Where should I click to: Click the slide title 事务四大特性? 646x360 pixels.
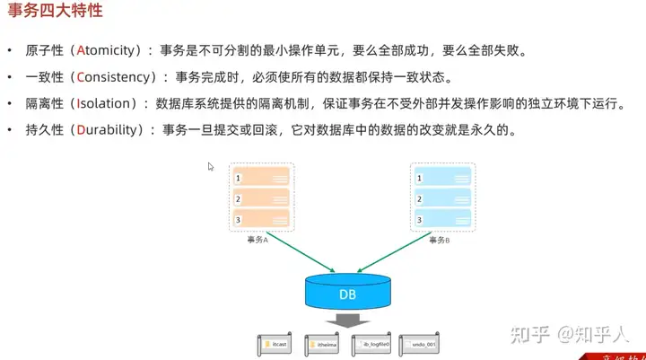click(x=55, y=13)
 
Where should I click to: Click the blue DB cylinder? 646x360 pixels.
click(x=348, y=292)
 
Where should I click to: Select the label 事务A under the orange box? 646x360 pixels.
click(x=259, y=240)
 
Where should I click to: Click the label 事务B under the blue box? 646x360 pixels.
click(x=439, y=240)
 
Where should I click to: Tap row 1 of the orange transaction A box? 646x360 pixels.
click(x=261, y=178)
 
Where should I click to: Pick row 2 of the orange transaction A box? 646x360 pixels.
click(x=261, y=198)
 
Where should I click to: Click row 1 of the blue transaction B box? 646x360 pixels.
click(x=441, y=178)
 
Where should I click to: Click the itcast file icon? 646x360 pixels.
click(x=275, y=343)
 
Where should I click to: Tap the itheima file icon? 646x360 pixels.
click(x=323, y=343)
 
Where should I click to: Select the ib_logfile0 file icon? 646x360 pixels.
click(x=371, y=343)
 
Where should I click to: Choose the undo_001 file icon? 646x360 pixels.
click(x=420, y=343)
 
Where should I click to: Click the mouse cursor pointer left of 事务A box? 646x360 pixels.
click(x=211, y=166)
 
